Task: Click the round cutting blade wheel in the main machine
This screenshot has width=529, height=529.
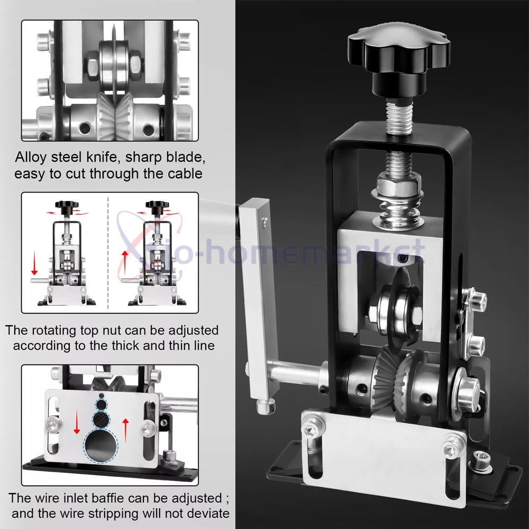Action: pyautogui.click(x=397, y=312)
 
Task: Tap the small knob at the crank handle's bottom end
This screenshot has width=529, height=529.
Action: pyautogui.click(x=264, y=406)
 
